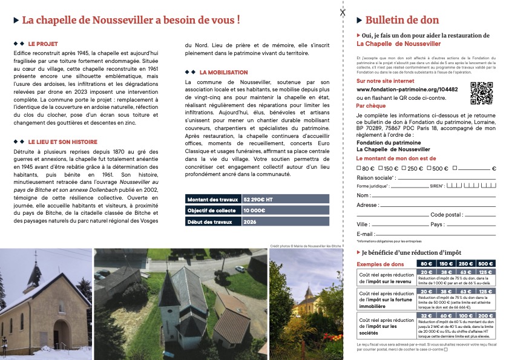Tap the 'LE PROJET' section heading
(x=42, y=44)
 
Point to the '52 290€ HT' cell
(x=258, y=198)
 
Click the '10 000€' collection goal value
(x=255, y=210)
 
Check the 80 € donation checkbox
(x=359, y=168)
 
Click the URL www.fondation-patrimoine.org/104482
(x=407, y=90)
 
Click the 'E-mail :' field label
(x=366, y=234)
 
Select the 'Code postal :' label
(x=447, y=215)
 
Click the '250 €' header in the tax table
(x=464, y=264)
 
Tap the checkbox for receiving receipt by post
(x=446, y=349)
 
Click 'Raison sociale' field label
(x=376, y=178)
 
